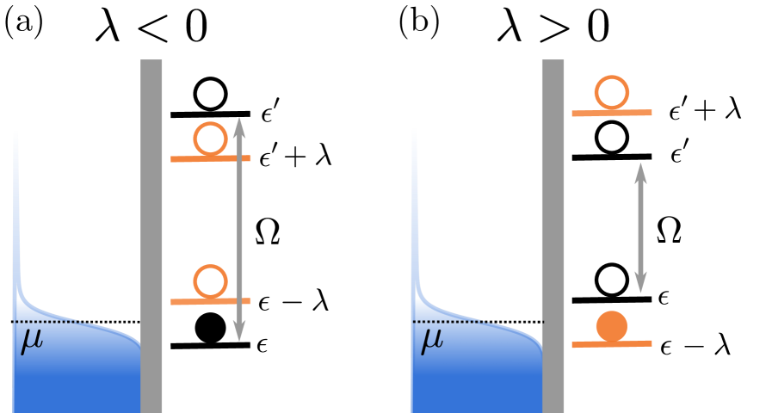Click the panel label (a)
24,22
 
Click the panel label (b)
418,22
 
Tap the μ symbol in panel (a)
31,341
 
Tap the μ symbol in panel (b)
432,341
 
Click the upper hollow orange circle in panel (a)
210,139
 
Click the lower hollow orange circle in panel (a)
210,281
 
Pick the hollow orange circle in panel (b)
611,92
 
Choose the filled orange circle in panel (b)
611,326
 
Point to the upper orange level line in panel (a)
211,159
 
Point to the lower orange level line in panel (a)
211,302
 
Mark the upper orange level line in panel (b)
612,113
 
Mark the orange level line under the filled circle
612,344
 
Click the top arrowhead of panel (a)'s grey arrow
239,124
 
